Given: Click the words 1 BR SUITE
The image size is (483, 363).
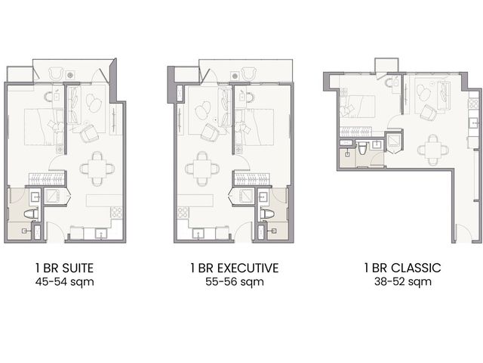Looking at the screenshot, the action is (64, 268).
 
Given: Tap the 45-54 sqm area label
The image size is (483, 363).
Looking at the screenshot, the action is (65, 282).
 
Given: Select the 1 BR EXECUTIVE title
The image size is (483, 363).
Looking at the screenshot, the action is (235, 268).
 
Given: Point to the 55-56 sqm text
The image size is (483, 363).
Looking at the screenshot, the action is (235, 282).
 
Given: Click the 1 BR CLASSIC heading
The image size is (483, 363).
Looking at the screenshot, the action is (402, 268).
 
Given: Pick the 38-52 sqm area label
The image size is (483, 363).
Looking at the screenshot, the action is (403, 282).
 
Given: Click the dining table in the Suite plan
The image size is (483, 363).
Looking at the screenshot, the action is (97, 169).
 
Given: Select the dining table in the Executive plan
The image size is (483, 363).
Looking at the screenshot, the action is (202, 169).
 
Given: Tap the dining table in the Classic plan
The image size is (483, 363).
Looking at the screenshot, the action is (432, 150).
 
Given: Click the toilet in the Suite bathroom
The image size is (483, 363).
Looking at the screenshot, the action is (31, 214).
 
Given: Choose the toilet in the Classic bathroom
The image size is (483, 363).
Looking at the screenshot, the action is (362, 150).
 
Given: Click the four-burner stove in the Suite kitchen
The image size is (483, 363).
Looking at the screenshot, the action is (117, 213).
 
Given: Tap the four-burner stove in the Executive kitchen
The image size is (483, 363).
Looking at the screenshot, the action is (183, 213).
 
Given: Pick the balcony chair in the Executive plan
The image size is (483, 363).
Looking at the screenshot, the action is (248, 74).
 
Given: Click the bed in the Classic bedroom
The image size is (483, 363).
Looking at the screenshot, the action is (357, 107).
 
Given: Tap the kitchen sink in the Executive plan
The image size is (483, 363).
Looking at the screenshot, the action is (198, 234).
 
